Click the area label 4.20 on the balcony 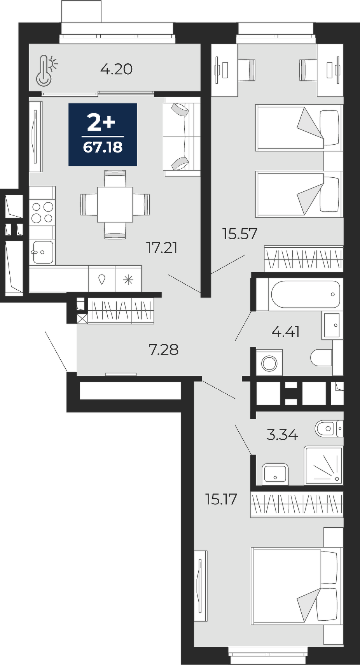click(116, 70)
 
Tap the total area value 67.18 click(103, 147)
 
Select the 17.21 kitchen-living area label click(162, 248)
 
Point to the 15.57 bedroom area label click(240, 234)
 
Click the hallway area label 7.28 click(164, 350)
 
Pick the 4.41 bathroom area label click(285, 332)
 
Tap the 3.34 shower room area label click(282, 436)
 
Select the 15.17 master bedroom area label click(221, 500)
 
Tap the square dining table click(115, 204)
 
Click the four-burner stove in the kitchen click(42, 212)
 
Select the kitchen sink click(43, 252)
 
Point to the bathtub click(306, 294)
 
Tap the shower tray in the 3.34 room click(323, 465)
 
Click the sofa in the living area click(182, 137)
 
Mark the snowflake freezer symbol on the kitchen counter click(128, 280)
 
